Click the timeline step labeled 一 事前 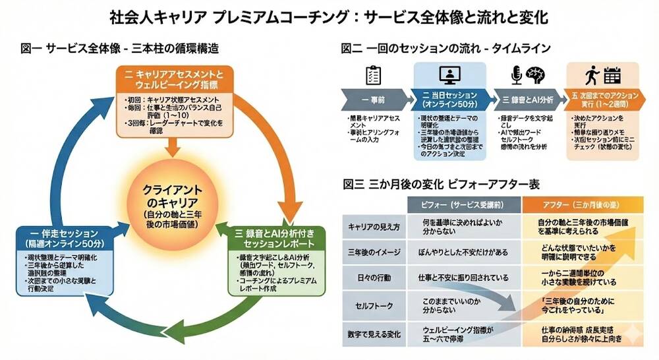point(374,100)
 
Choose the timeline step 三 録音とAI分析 point(527,100)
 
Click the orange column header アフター point(584,204)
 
